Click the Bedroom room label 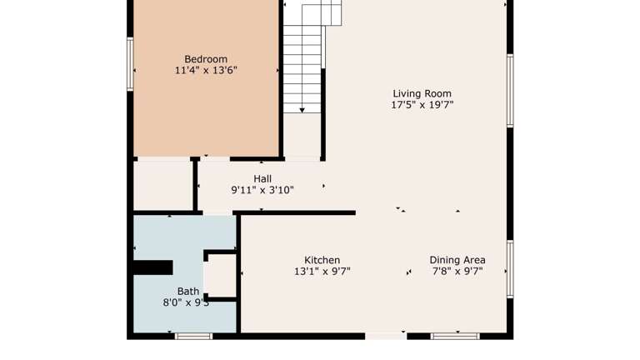(x=206, y=59)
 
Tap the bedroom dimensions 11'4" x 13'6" (x=206, y=71)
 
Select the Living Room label (x=422, y=94)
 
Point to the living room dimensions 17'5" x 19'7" (x=422, y=105)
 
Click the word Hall (x=262, y=179)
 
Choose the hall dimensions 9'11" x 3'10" (x=262, y=190)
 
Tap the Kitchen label (x=322, y=260)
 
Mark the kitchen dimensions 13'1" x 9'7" (x=322, y=272)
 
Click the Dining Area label (x=457, y=260)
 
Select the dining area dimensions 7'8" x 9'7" (x=457, y=272)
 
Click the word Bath (x=187, y=292)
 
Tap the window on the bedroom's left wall (x=130, y=64)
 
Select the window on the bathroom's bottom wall (x=193, y=336)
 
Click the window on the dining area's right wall (x=510, y=268)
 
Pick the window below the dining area (x=455, y=336)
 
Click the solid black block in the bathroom (x=152, y=267)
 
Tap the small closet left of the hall (x=164, y=185)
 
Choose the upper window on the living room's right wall (x=510, y=91)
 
